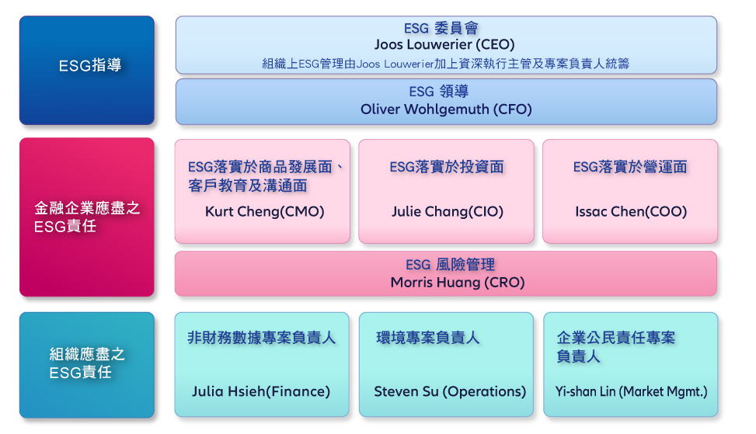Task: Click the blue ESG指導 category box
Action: tap(87, 71)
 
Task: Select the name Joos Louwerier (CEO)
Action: tap(444, 45)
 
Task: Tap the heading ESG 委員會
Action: tap(441, 28)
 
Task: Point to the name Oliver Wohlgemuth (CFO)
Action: tap(446, 109)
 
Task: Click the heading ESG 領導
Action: tap(438, 92)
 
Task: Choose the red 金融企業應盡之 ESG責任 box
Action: tap(87, 217)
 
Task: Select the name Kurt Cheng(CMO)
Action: tap(265, 211)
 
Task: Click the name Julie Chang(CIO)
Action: tap(447, 211)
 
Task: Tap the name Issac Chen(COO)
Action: tap(631, 211)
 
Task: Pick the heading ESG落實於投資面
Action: tap(447, 167)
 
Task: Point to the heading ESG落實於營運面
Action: tap(629, 167)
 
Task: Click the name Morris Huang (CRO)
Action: tap(458, 283)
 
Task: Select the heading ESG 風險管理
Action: tap(450, 265)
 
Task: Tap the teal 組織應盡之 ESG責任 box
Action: tap(87, 365)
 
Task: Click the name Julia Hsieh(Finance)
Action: tap(261, 391)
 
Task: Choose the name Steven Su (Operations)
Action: tap(450, 391)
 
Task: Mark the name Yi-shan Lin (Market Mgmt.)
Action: tap(631, 391)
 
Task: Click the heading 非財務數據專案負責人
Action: tap(261, 338)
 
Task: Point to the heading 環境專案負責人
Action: tap(427, 338)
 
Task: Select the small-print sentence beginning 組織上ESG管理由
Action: tap(445, 64)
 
